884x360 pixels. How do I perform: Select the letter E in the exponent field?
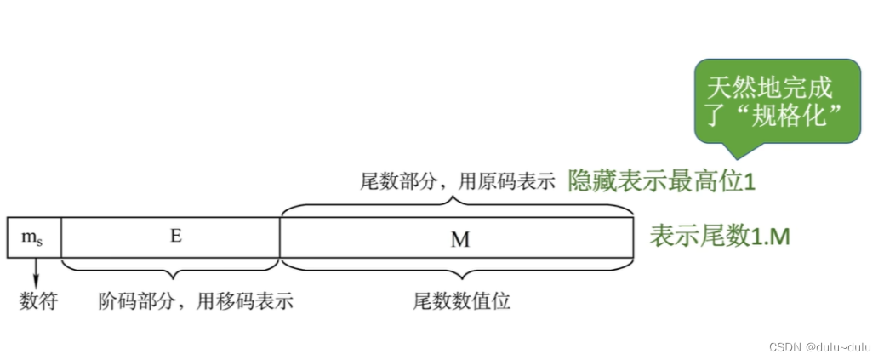click(175, 237)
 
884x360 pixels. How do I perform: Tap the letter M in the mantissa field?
click(459, 239)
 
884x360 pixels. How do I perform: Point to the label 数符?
click(38, 300)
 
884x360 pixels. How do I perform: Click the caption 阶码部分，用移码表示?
click(196, 300)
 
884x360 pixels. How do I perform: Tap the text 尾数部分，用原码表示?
click(457, 181)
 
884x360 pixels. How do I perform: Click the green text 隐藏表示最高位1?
click(663, 181)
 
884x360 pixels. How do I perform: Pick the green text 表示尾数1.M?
click(720, 237)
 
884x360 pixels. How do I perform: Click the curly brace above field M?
click(457, 205)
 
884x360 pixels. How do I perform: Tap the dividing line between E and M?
click(280, 237)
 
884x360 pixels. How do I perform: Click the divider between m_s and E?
click(61, 237)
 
